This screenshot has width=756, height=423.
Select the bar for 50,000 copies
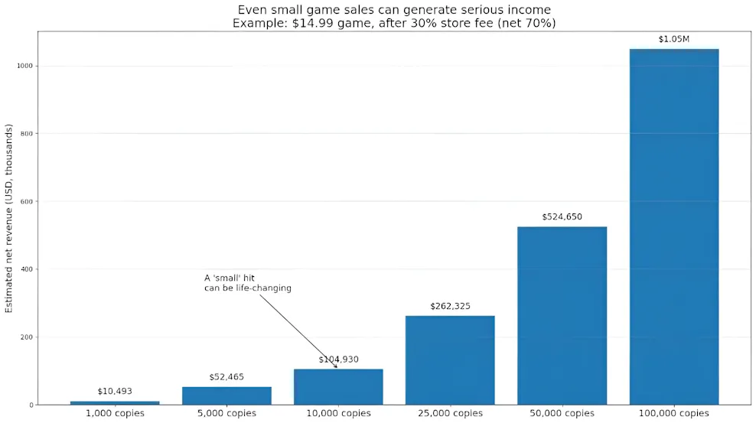point(562,315)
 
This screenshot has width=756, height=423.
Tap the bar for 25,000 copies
point(450,360)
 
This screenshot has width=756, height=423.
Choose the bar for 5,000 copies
point(226,395)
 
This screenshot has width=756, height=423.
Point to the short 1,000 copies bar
point(115,402)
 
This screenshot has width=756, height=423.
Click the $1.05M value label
point(673,39)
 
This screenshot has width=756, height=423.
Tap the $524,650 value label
point(562,216)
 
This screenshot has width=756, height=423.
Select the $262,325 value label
point(450,306)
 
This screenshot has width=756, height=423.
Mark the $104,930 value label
point(338,360)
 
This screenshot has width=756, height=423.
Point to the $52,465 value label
point(226,377)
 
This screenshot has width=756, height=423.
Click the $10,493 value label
point(115,392)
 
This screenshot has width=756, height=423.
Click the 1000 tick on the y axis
point(24,67)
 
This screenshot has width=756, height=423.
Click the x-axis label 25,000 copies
point(450,414)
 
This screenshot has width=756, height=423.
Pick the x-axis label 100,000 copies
point(673,414)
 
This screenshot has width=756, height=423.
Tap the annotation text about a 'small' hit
point(247,283)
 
